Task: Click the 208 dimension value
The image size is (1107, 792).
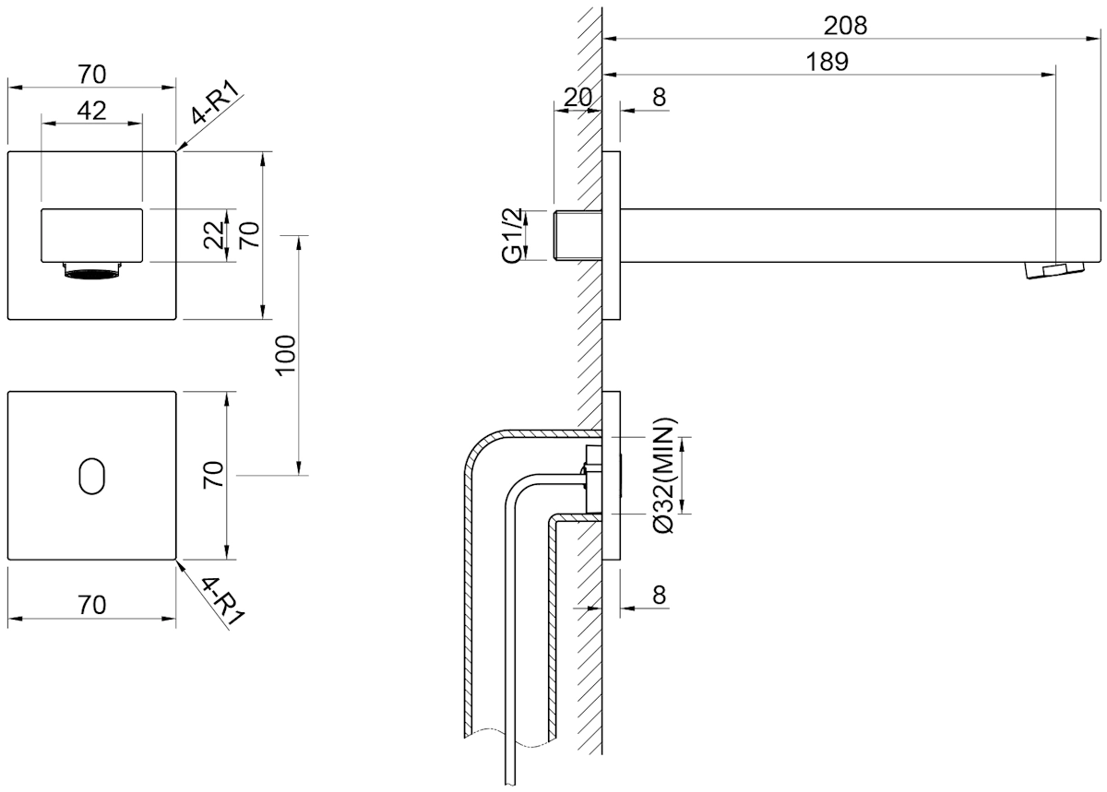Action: click(845, 26)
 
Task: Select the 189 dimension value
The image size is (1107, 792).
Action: click(827, 62)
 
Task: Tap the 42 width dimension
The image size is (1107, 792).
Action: click(92, 111)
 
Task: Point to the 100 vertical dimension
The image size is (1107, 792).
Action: click(287, 356)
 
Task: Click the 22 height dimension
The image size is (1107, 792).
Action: click(214, 235)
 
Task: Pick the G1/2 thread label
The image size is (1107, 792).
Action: click(512, 235)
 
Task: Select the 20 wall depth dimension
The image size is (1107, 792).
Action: click(577, 98)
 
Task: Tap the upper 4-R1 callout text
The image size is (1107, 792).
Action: click(216, 102)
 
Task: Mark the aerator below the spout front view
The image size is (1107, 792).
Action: click(92, 271)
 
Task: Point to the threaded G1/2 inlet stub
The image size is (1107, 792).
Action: click(577, 235)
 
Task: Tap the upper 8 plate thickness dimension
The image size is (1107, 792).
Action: click(660, 98)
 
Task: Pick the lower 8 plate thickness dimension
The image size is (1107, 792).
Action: click(660, 595)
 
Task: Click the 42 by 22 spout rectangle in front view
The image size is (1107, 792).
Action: click(92, 235)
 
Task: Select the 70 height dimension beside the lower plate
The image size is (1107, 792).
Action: click(214, 476)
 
